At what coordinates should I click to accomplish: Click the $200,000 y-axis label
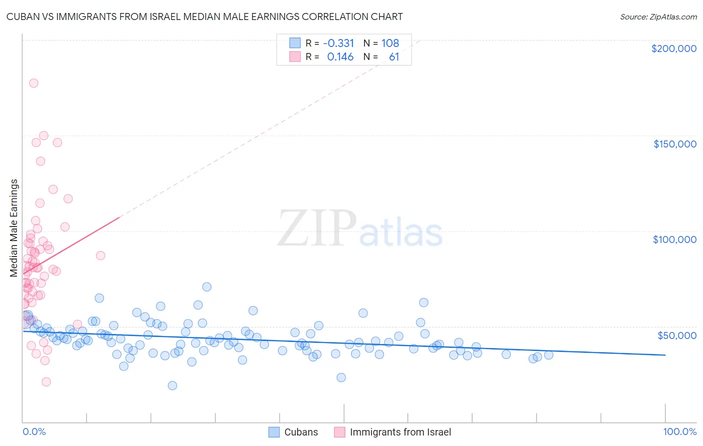coord(673,48)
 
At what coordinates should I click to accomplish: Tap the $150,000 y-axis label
coord(674,144)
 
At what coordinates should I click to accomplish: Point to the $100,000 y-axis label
coord(674,239)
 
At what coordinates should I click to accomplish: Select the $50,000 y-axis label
coord(676,335)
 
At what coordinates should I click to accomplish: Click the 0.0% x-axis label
coord(34,432)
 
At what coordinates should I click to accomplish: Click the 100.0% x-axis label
coord(679,432)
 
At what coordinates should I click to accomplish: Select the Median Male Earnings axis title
coord(14,227)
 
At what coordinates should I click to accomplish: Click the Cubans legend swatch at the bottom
coord(274,432)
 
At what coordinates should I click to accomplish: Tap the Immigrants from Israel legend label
coord(400,432)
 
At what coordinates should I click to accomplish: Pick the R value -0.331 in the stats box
coord(338,43)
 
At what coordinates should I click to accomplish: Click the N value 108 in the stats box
coord(390,43)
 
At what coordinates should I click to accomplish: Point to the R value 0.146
coord(340,57)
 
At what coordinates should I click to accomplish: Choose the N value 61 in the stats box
coord(394,57)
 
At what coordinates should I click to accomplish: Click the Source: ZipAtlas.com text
coord(658,17)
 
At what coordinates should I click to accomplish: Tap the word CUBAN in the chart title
coord(22,17)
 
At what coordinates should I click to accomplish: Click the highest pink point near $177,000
coord(33,83)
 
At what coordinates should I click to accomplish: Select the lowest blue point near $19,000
coord(172,385)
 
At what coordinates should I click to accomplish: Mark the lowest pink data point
coord(46,382)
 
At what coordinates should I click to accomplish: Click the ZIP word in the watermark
coord(317,229)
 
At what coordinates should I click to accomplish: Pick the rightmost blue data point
coord(548,355)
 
